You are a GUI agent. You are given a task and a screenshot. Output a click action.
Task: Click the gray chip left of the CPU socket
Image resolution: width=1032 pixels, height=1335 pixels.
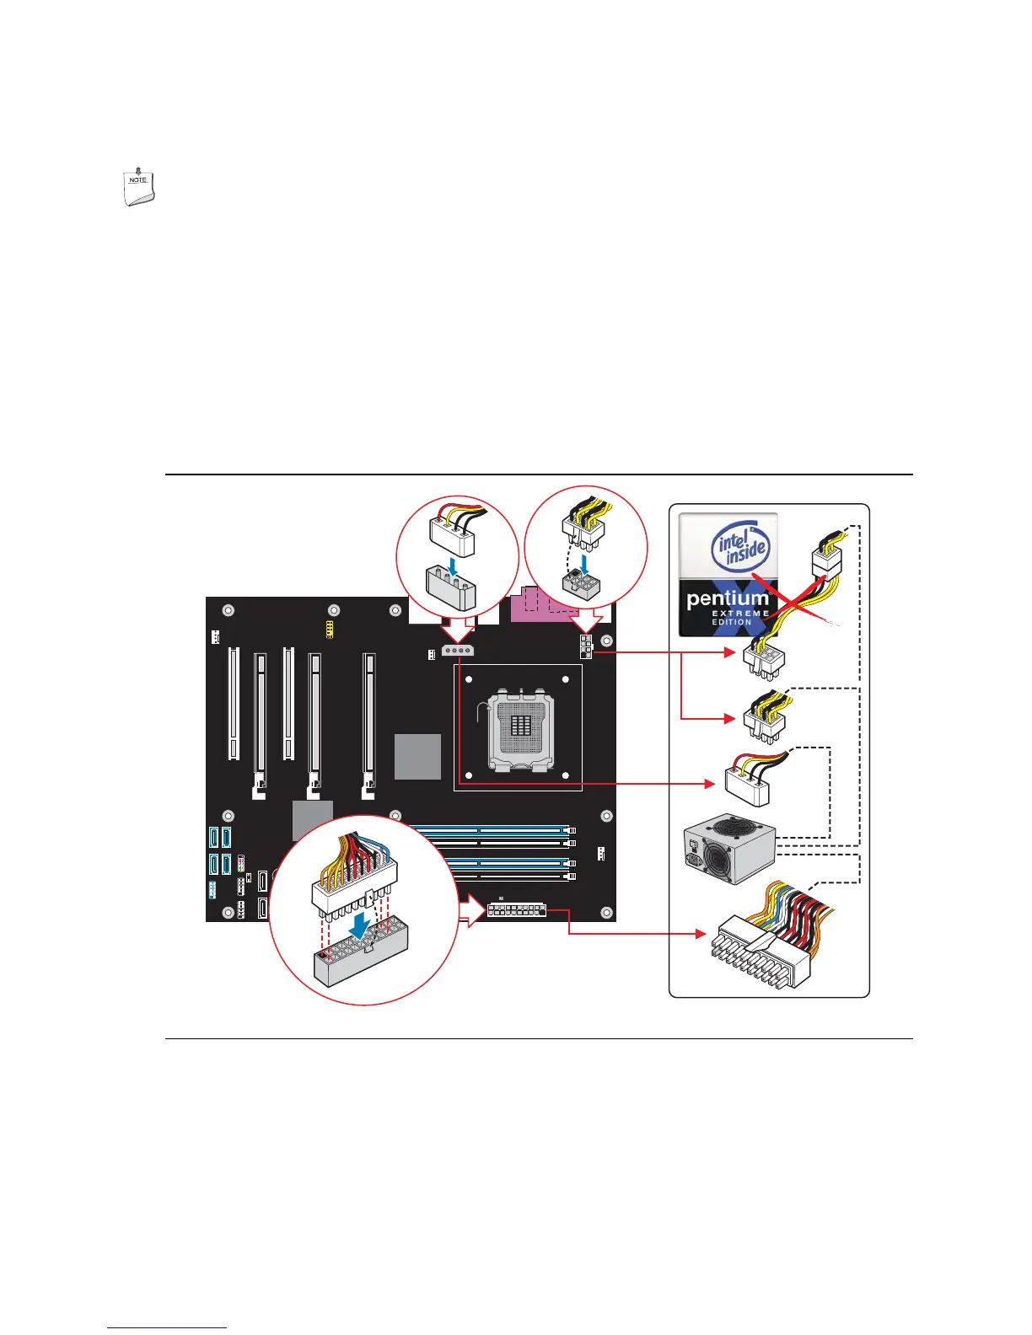tap(418, 756)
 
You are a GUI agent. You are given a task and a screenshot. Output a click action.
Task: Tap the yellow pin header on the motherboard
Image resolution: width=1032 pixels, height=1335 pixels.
tap(330, 628)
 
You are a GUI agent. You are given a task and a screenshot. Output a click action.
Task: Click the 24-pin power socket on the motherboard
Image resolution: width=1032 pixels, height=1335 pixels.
tap(517, 911)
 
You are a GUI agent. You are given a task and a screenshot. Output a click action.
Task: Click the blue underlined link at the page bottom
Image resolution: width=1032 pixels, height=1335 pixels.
tap(167, 1329)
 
